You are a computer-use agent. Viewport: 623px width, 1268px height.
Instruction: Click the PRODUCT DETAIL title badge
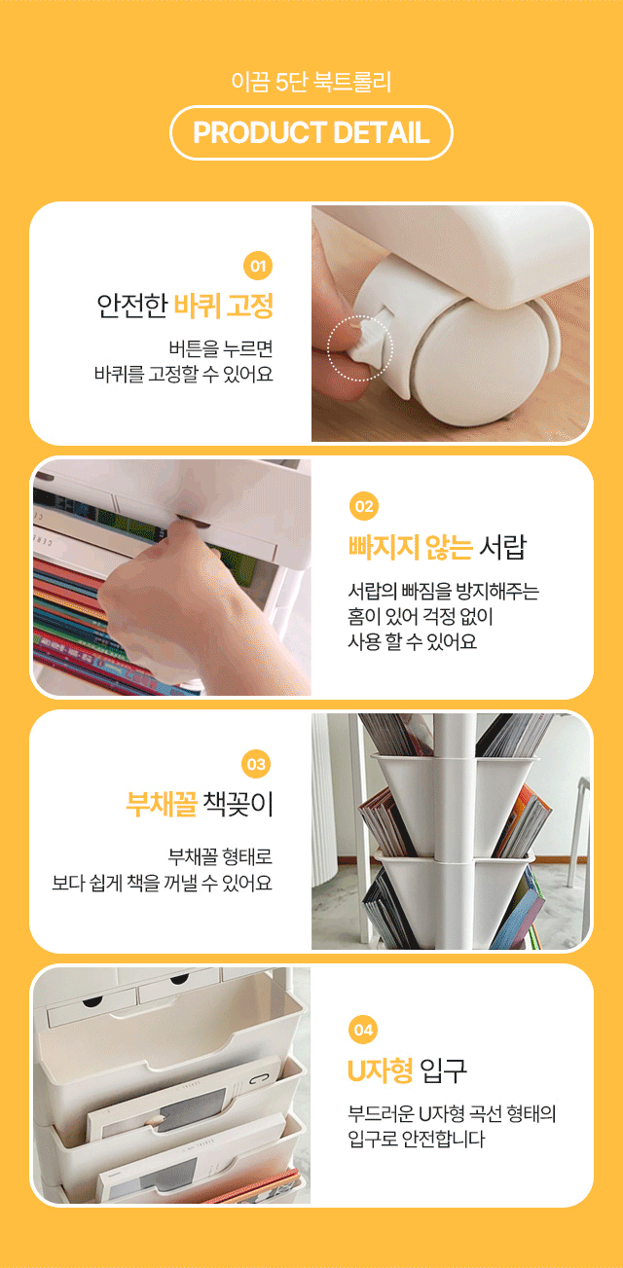311,132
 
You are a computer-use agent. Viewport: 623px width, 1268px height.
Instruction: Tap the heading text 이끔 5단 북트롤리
311,82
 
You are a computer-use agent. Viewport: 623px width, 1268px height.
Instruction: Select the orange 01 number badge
258,266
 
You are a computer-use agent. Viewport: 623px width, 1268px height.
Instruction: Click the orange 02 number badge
364,506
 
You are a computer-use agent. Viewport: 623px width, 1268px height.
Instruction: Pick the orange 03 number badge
256,764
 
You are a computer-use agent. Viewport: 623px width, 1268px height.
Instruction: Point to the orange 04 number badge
363,1030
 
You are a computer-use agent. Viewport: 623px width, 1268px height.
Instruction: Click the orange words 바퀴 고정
223,306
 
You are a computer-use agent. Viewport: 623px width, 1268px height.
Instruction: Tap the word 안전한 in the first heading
132,306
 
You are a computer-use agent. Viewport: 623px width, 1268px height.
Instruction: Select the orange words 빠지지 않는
410,547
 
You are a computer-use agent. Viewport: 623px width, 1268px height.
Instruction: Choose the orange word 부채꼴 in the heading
162,804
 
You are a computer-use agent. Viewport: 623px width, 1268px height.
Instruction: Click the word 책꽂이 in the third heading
238,804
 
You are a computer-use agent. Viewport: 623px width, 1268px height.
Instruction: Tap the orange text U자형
381,1070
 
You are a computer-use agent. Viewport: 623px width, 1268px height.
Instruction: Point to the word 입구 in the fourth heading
444,1070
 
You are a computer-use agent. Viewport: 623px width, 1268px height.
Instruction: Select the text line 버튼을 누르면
221,348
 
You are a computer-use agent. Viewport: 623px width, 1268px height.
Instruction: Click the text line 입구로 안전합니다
417,1139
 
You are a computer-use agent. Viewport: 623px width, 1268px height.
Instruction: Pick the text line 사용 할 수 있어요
413,641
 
